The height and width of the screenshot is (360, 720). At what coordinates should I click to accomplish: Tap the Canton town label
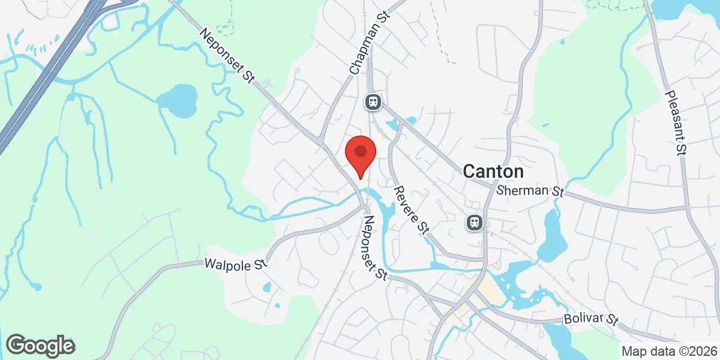pos(493,172)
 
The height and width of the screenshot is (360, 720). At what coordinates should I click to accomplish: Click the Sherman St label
pos(532,191)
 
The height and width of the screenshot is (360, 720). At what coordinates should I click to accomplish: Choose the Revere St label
pos(412,209)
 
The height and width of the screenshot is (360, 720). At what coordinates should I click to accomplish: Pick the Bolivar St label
pos(590,319)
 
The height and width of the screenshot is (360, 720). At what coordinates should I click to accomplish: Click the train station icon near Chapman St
pos(373,102)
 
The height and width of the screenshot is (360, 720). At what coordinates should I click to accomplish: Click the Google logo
pos(40,346)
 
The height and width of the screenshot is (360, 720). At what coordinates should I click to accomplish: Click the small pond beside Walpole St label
pos(267,287)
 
